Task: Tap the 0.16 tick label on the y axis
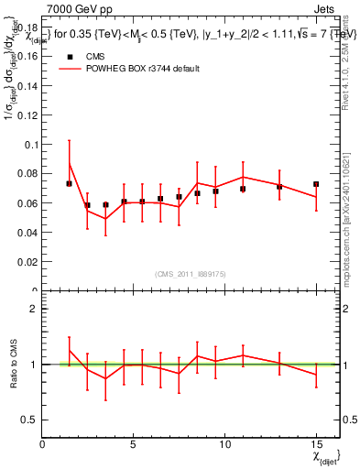(x=28, y=55)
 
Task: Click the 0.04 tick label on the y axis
(x=28, y=233)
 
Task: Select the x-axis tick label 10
(x=224, y=445)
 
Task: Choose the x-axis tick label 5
(x=134, y=445)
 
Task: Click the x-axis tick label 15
(x=315, y=445)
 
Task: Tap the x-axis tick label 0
(x=43, y=445)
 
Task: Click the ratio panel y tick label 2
(x=34, y=309)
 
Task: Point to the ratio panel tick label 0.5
(x=30, y=420)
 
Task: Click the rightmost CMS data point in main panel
(x=316, y=184)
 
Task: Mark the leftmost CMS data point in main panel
(x=70, y=183)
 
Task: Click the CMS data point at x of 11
(x=243, y=189)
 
